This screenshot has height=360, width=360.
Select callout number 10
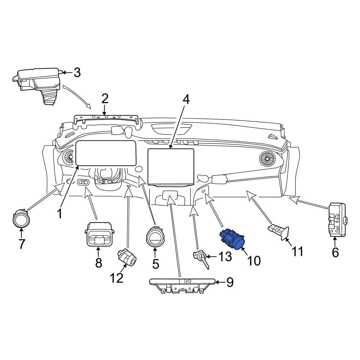[x=254, y=261]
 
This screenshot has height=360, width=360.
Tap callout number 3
[x=77, y=73]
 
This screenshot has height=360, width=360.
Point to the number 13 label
[x=225, y=256]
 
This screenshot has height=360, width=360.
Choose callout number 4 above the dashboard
[x=186, y=99]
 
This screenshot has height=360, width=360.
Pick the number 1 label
[x=59, y=213]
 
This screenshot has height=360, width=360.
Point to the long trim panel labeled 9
[x=182, y=285]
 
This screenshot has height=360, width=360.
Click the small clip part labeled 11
[x=278, y=232]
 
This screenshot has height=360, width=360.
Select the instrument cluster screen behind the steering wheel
[x=106, y=153]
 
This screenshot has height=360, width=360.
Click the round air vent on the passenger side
[x=267, y=159]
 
